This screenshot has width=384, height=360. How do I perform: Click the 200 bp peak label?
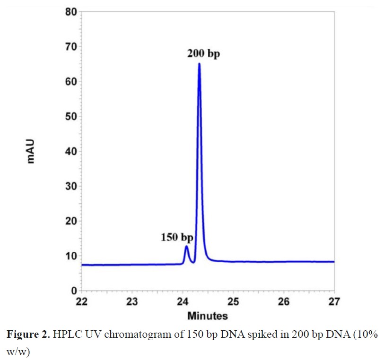[x=203, y=54]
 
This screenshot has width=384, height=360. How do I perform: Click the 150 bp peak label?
[x=177, y=237]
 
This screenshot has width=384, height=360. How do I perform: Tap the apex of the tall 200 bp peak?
[x=199, y=63]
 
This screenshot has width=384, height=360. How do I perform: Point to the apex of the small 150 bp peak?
[x=186, y=246]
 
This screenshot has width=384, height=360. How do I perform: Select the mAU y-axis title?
[x=31, y=151]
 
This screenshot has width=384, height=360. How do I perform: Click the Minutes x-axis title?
[x=208, y=316]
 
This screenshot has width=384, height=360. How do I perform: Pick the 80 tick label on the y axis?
[x=71, y=12]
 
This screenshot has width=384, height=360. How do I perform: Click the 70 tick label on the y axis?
[x=71, y=47]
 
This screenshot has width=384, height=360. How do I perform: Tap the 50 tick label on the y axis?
[x=71, y=116]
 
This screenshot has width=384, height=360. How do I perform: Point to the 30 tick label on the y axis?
[x=71, y=186]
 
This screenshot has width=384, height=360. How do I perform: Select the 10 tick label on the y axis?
[x=71, y=256]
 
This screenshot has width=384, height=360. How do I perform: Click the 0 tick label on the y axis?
[x=74, y=291]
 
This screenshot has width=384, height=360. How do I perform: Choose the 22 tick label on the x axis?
[x=82, y=302]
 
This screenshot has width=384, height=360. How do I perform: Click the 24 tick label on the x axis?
[x=183, y=302]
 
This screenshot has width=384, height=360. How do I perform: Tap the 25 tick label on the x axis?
[x=233, y=302]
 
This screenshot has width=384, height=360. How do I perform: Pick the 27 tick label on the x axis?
[x=334, y=302]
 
